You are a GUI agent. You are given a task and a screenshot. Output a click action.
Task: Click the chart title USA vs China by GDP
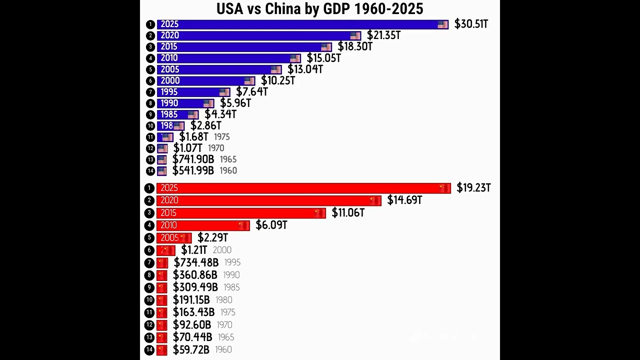[x=319, y=8]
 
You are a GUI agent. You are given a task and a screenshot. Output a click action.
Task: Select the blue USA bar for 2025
[x=300, y=24]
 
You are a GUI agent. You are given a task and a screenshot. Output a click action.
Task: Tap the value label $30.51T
[x=471, y=24]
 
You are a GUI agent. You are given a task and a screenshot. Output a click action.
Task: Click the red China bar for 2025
[x=300, y=188]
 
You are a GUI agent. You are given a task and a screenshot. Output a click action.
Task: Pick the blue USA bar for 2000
[x=205, y=80]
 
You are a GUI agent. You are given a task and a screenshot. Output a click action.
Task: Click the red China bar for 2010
[x=202, y=225]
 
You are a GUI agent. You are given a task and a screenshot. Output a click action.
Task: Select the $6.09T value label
[x=271, y=225]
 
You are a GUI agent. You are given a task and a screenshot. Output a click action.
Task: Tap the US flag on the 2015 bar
[x=326, y=47]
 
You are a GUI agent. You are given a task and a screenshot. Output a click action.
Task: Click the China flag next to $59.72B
[x=161, y=349]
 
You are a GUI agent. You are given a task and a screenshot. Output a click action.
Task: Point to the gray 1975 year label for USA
[x=221, y=137]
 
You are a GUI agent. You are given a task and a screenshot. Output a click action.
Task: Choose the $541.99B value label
[x=193, y=170]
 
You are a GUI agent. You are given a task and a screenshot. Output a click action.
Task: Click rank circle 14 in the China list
[x=149, y=349]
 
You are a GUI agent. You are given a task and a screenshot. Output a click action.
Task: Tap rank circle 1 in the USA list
[x=150, y=24]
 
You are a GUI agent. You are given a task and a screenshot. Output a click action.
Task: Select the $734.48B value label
[x=196, y=262]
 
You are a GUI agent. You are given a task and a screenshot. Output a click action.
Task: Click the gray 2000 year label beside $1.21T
[x=222, y=250]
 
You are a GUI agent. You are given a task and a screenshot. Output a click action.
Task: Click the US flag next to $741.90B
[x=162, y=159]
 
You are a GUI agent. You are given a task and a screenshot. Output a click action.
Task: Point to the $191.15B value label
[x=191, y=300]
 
